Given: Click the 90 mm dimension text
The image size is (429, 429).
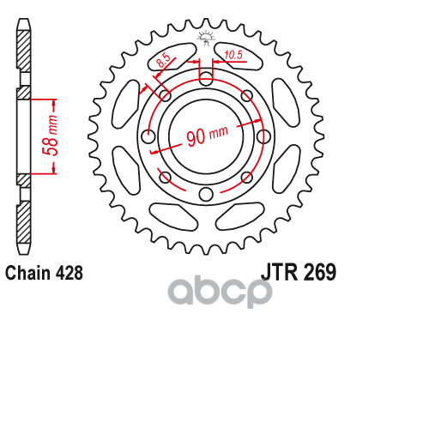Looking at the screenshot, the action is click(208, 136).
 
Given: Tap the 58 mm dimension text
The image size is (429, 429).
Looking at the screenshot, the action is click(51, 135).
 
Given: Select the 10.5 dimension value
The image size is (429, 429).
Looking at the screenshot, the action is click(233, 55).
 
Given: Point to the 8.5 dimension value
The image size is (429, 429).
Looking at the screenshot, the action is click(163, 61).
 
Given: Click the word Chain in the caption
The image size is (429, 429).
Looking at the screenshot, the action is click(27, 273).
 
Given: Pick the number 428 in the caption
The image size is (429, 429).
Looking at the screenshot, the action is click(69, 273).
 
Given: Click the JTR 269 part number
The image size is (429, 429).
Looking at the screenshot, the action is click(299, 272).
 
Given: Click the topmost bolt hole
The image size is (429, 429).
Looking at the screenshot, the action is click(206, 79).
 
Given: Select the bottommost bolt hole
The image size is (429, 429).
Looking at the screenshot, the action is click(206, 194).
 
